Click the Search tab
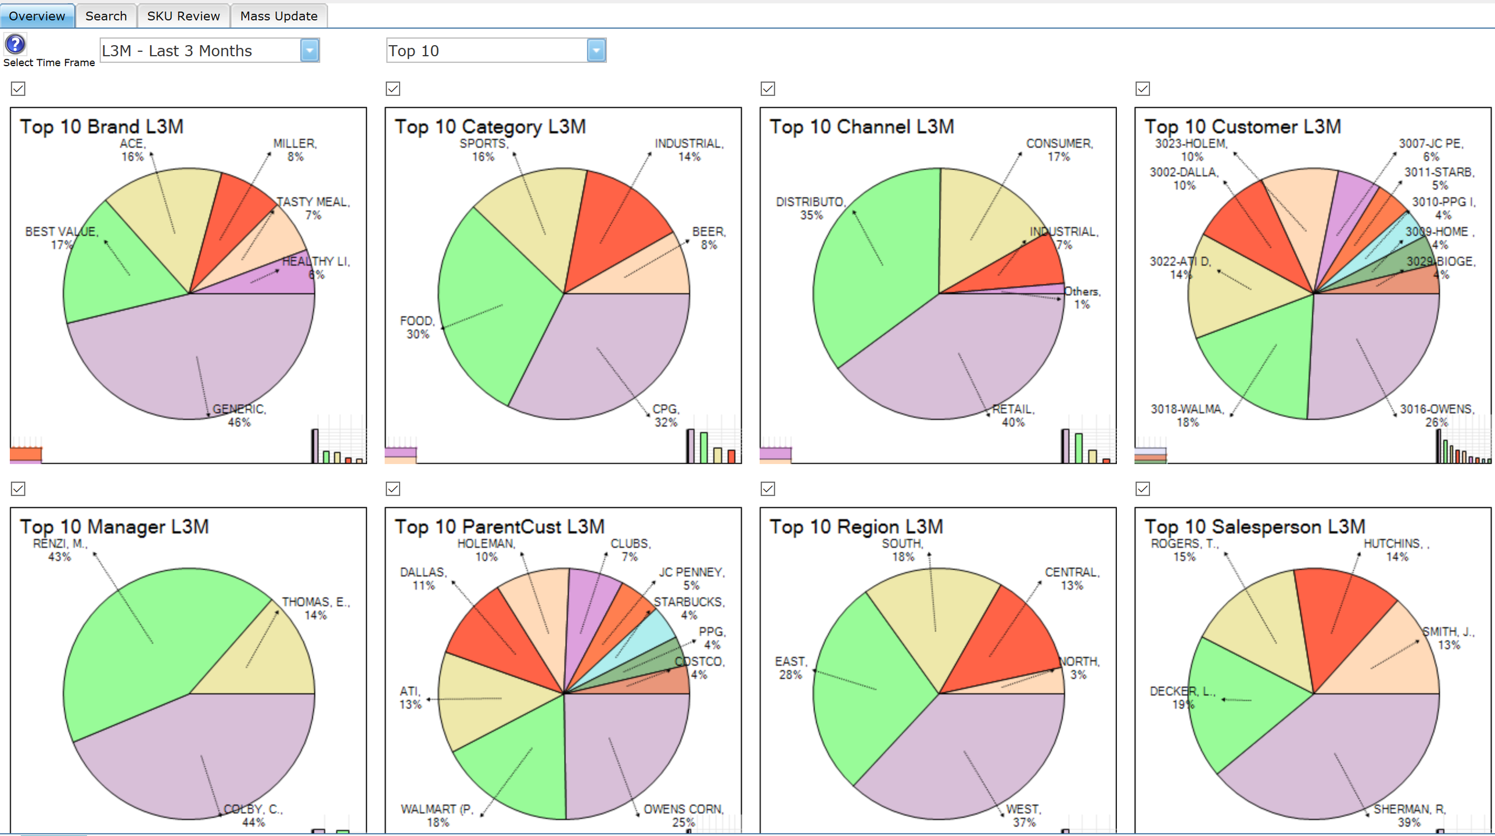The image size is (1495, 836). coord(106,16)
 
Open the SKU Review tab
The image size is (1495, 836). coord(184,16)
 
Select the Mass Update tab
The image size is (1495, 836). coord(279,16)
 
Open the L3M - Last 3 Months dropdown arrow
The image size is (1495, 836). coord(310,51)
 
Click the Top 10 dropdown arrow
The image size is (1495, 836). coord(596,51)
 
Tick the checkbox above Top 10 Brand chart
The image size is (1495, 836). coord(18,89)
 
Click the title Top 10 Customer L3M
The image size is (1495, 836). coord(1242,127)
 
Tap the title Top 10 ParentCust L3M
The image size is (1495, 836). coord(499,527)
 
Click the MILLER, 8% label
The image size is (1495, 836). coord(294,150)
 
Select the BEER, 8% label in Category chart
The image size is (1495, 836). coord(709,238)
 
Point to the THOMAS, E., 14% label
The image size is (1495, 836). coord(315,608)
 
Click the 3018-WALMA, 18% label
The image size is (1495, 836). coord(1187,416)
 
